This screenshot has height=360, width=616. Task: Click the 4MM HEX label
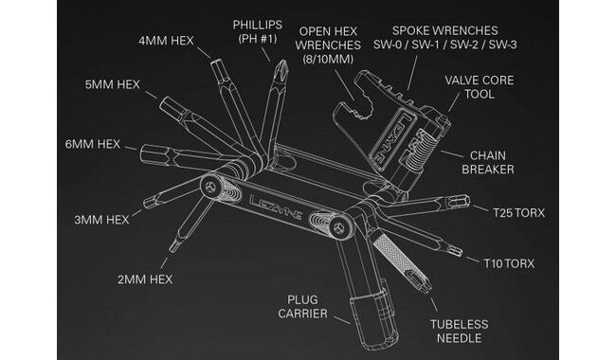click(166, 41)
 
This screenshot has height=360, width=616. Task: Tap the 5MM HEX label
click(113, 85)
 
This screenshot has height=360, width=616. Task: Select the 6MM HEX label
click(92, 144)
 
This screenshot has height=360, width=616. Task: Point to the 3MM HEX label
click(101, 220)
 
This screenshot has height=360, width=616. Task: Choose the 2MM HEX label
click(145, 279)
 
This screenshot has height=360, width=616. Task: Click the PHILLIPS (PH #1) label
click(258, 31)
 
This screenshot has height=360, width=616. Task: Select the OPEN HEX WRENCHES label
click(328, 45)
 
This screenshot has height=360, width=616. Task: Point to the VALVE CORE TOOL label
click(480, 87)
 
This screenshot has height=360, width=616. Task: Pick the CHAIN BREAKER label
click(488, 163)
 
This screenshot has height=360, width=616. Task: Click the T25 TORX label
click(519, 213)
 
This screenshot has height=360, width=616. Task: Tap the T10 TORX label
click(509, 263)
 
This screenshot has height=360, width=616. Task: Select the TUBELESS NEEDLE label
click(460, 332)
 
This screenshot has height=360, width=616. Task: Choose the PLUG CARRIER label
click(302, 307)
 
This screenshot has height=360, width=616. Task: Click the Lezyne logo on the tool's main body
click(276, 207)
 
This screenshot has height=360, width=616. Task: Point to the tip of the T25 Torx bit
click(468, 201)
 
